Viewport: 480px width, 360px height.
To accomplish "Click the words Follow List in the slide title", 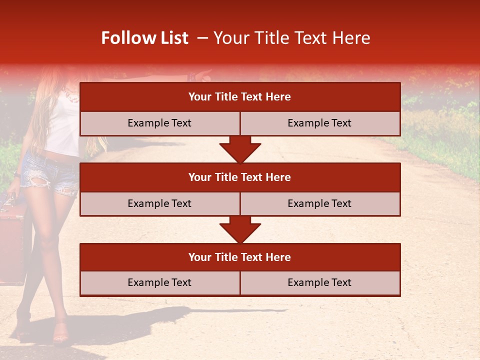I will pyautogui.click(x=144, y=38).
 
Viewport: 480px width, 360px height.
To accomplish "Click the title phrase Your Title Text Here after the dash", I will pyautogui.click(x=291, y=38).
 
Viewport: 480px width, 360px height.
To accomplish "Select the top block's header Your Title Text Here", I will pyautogui.click(x=239, y=97).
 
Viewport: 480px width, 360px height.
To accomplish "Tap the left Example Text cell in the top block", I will pyautogui.click(x=159, y=123).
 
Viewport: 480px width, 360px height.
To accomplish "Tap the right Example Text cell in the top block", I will pyautogui.click(x=319, y=123).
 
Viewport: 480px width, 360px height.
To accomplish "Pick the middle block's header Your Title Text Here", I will pyautogui.click(x=239, y=177).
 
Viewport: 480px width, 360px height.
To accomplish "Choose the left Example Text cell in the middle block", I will pyautogui.click(x=159, y=203).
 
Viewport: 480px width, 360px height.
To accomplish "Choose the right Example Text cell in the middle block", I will pyautogui.click(x=319, y=203).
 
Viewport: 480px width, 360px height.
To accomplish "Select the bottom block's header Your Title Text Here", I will pyautogui.click(x=239, y=257).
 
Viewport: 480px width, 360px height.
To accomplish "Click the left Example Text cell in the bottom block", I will pyautogui.click(x=159, y=282).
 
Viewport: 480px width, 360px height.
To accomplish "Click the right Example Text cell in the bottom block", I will pyautogui.click(x=319, y=282).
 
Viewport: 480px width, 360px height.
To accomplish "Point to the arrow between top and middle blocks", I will pyautogui.click(x=240, y=149).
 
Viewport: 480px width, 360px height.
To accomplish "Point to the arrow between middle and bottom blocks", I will pyautogui.click(x=240, y=229).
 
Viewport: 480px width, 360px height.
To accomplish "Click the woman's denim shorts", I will pyautogui.click(x=50, y=172).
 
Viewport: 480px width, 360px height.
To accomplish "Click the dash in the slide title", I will pyautogui.click(x=202, y=38).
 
